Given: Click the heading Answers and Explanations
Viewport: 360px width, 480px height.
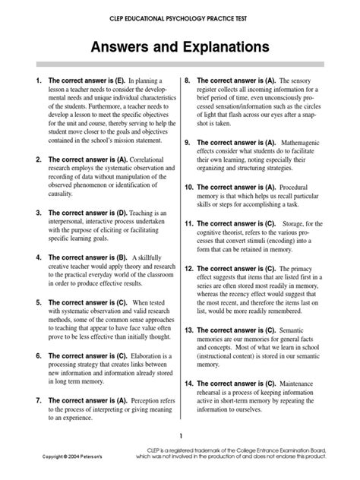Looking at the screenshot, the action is (x=180, y=48).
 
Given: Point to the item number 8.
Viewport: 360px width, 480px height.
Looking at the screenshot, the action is (x=187, y=80).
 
